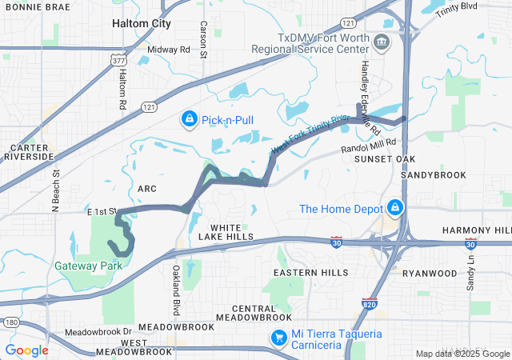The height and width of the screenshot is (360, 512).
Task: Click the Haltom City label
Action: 142,24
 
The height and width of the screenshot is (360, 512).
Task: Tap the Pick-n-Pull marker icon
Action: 189,120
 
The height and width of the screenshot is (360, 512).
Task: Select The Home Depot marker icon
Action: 394,209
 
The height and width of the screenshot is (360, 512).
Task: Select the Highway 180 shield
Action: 10,322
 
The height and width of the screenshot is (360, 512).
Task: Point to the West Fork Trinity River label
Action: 310,134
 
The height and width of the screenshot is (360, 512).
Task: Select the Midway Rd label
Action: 175,50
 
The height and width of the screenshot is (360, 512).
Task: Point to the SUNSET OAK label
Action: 384,159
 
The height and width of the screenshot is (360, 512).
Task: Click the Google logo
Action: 26,350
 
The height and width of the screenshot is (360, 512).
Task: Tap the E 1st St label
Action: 102,211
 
